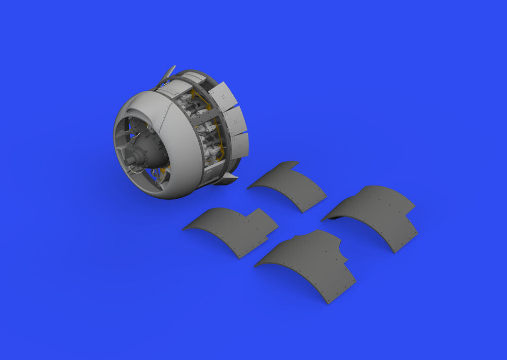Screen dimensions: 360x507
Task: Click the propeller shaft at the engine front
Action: click(131, 161)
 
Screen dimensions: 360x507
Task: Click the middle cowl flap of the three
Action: click(235, 121)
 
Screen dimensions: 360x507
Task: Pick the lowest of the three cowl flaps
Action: click(240, 144)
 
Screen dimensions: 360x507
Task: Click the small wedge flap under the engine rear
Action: click(226, 178)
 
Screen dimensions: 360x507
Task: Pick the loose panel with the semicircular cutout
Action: click(309, 264)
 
